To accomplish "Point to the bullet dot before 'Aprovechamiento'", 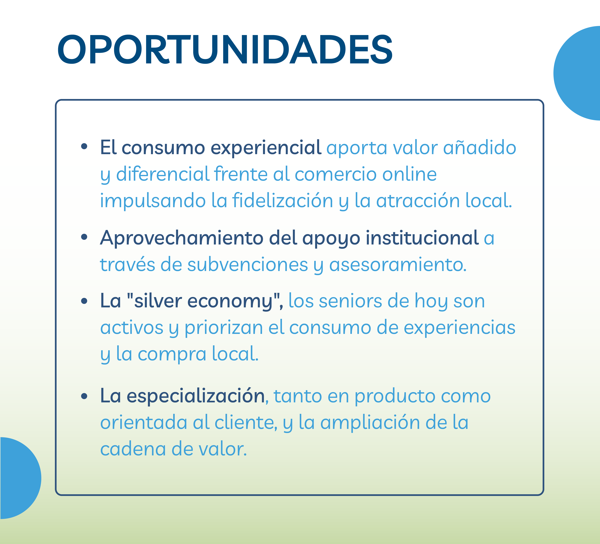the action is tap(84, 237).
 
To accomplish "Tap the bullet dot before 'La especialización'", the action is tap(84, 396).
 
